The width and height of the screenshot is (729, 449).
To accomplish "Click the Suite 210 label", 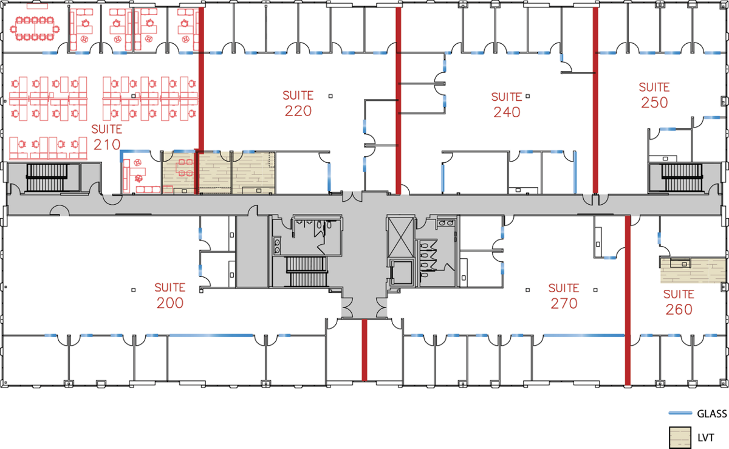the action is pos(106,137).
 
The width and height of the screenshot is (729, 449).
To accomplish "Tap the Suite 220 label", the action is pos(298,103).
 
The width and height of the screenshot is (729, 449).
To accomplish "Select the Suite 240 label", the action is pos(507,105).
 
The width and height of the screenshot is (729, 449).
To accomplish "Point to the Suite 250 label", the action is pos(654,95).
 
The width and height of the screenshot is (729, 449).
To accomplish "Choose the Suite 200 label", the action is pos(170,295).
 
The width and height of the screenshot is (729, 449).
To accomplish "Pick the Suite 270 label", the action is pos(564,296).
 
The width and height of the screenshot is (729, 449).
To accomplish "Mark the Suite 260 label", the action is pos(679,302).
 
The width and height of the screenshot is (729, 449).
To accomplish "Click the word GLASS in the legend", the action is pos(712,414).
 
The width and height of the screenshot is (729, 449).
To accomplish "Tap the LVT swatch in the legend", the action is pos(680,437).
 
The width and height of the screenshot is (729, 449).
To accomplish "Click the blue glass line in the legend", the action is pos(680,413).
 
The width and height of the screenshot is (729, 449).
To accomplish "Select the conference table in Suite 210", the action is pos(35,29).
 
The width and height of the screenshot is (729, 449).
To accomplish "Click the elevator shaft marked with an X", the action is pos(401,237).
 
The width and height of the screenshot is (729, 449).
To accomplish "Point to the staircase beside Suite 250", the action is pos(682,177).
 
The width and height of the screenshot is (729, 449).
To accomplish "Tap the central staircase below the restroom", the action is pos(307,272).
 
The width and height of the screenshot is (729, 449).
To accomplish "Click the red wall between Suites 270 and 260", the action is pos(628,300).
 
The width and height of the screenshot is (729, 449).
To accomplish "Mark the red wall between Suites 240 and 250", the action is pos(595,100).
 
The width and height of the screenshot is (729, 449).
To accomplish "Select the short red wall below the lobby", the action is pos(364,350).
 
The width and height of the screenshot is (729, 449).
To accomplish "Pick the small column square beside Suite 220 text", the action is pos(330,96).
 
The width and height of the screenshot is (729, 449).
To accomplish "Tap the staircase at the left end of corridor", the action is pos(47,178).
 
